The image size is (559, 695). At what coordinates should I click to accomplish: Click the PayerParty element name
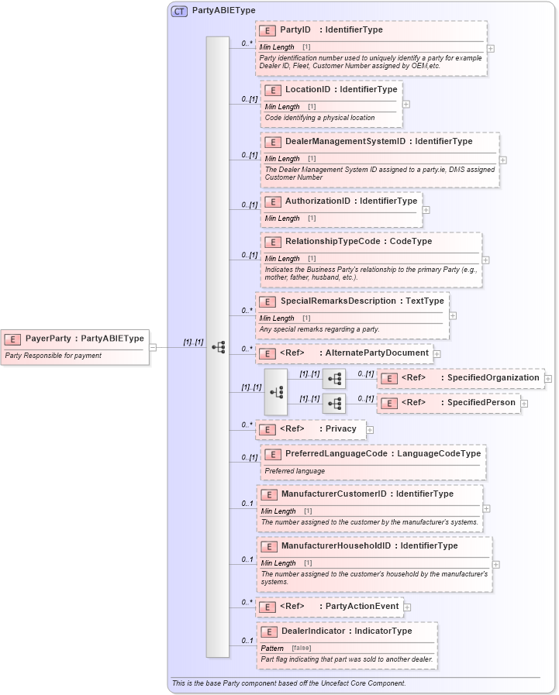coord(47,339)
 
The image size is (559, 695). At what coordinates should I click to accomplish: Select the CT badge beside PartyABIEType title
coord(179,11)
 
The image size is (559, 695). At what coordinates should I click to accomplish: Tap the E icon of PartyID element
coord(267,30)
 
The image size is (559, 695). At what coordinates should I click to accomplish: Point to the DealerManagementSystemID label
coord(345,142)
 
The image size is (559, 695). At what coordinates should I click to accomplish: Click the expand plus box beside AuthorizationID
coord(426,210)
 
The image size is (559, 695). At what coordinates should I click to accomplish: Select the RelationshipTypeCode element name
coord(330,242)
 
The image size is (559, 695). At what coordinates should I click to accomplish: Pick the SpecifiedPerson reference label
coord(478,403)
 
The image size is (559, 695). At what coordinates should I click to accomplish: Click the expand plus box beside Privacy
coord(370,429)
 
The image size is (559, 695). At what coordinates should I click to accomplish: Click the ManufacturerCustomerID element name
coord(334,494)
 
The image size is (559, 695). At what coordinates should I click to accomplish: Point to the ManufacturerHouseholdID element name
coord(336,546)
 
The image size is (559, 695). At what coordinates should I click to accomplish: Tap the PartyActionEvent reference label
coord(362,607)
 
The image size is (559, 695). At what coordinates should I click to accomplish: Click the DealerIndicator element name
coord(312,631)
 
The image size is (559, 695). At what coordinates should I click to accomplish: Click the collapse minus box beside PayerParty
coord(153,347)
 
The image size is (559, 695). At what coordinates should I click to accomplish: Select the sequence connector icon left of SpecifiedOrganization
coord(334,379)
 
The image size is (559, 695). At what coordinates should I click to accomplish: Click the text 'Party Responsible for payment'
coord(53,356)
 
